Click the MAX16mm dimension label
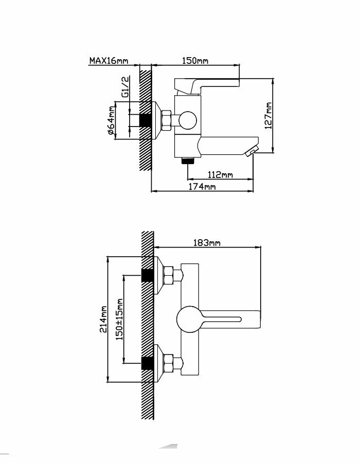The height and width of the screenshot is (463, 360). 108,61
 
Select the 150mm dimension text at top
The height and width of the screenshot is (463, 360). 195,61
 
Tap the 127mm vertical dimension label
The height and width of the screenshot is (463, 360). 268,115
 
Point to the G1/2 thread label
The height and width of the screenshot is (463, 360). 125,87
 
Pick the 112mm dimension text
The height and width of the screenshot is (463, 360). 220,174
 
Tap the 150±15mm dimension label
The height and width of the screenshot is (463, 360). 119,319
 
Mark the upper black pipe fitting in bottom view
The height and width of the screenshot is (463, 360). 148,275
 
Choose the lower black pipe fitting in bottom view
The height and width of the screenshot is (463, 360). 148,363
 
